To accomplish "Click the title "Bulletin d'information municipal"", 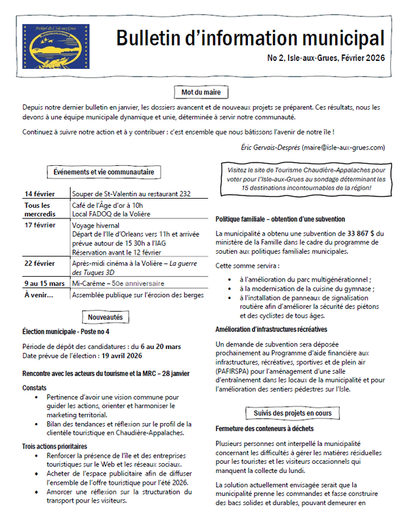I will (x=250, y=38).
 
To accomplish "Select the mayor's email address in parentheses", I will (x=340, y=149).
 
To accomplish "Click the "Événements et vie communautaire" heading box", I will (x=104, y=172).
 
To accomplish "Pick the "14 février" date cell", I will (x=39, y=193).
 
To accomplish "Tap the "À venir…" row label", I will (x=39, y=295).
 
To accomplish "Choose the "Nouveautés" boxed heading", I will (x=105, y=317).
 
